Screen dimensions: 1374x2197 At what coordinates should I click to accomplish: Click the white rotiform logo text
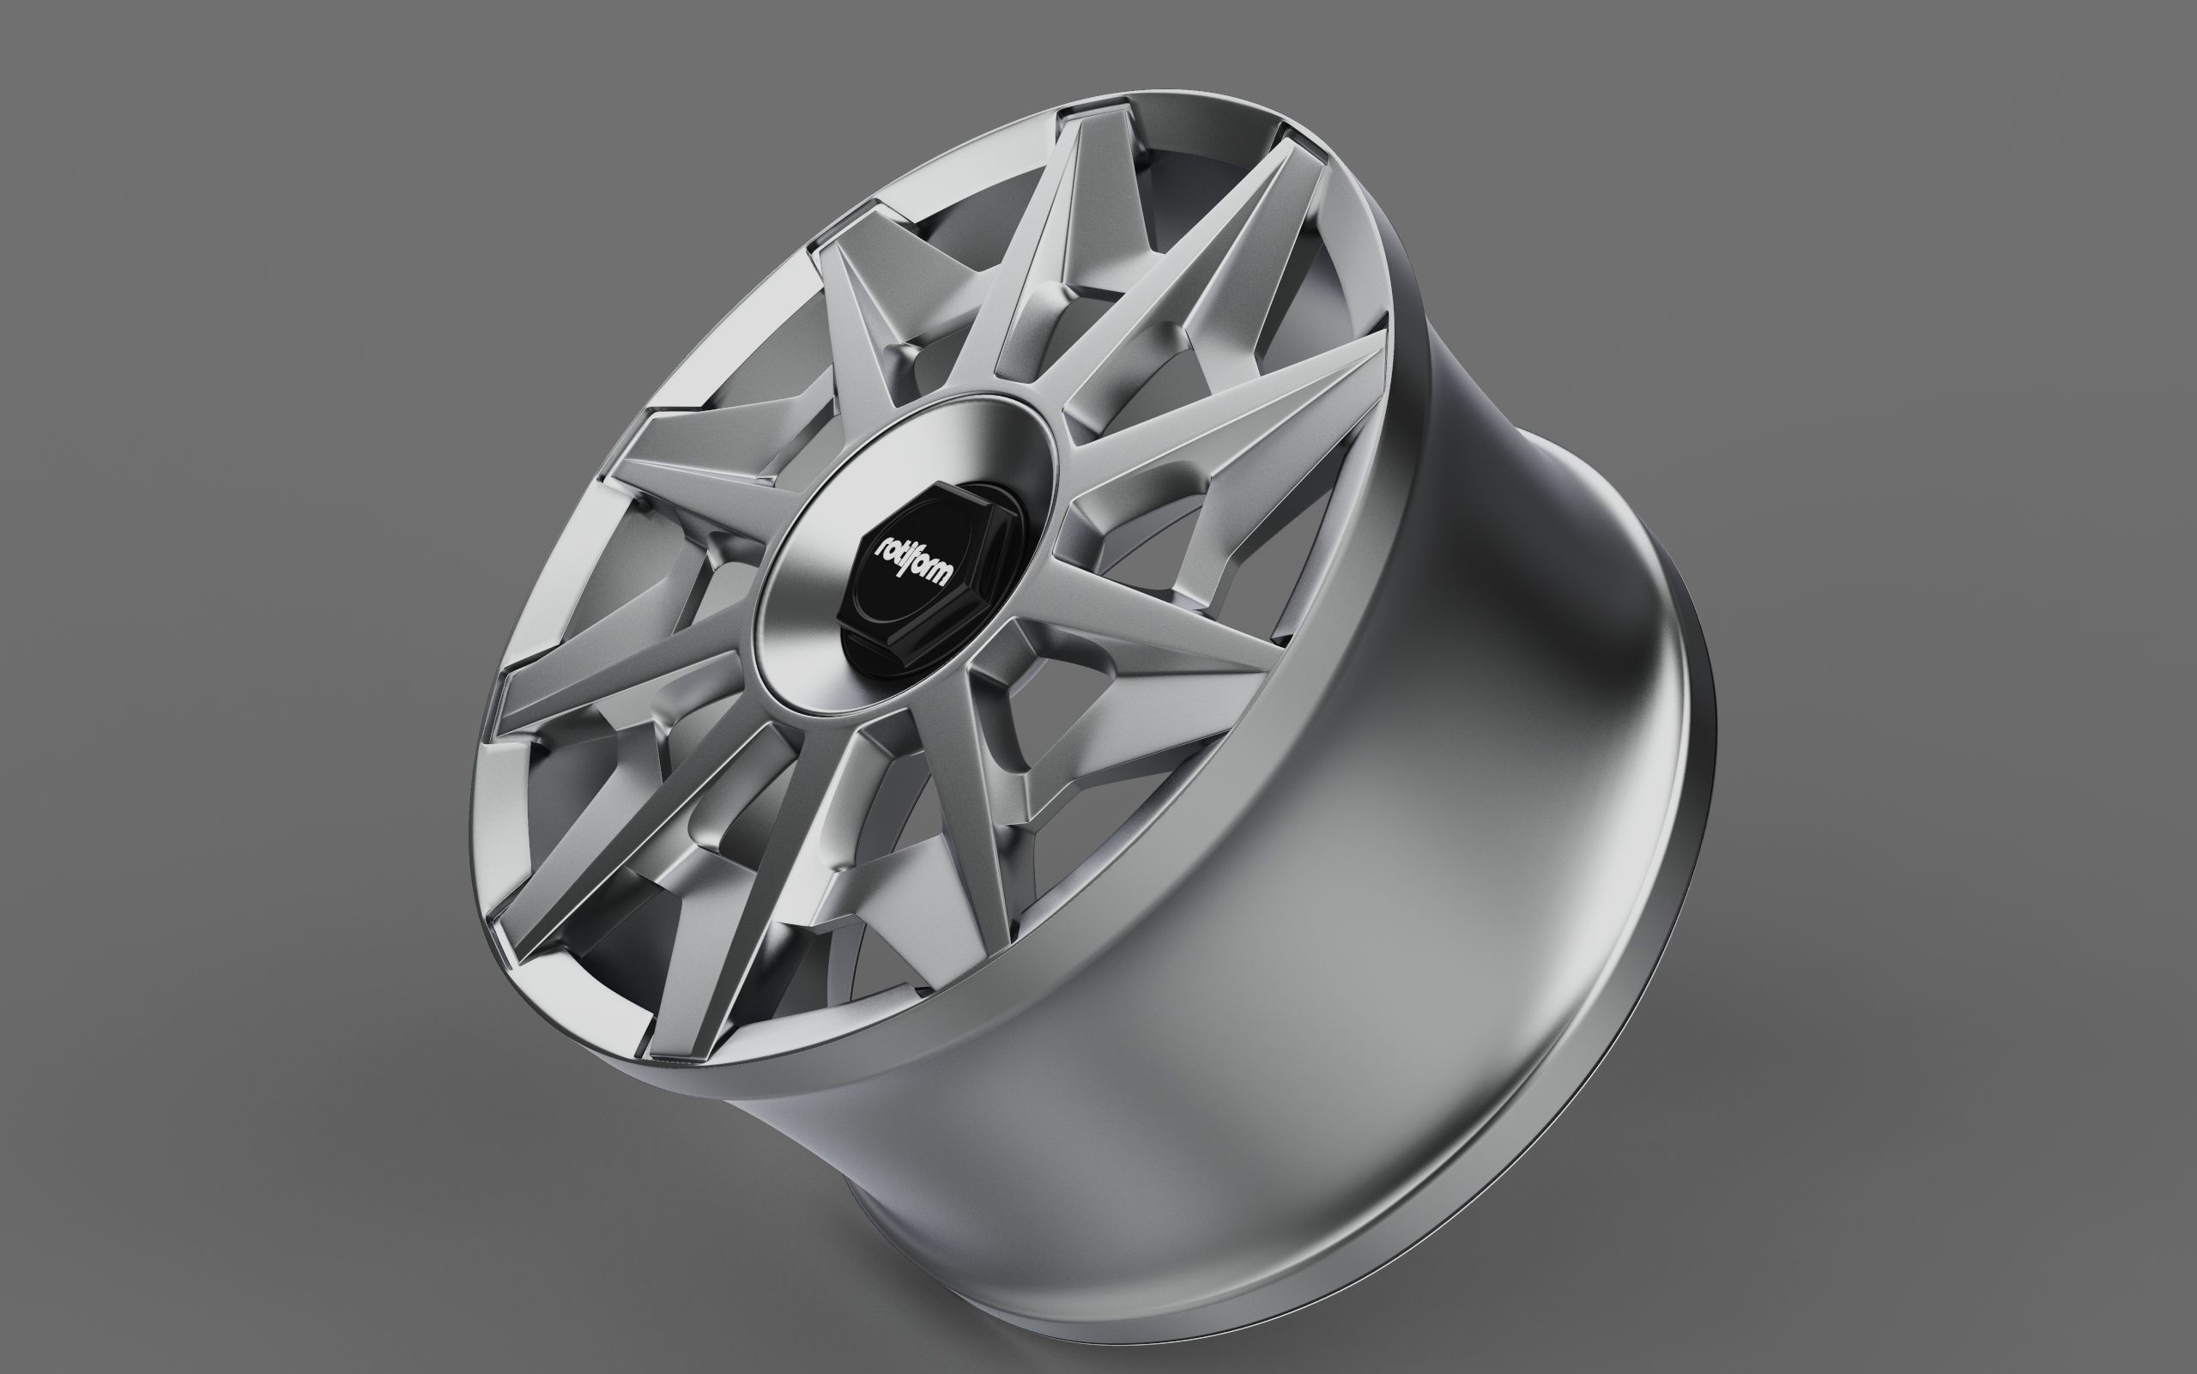(x=913, y=561)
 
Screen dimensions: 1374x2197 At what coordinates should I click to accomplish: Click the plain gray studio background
(x=273, y=273)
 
